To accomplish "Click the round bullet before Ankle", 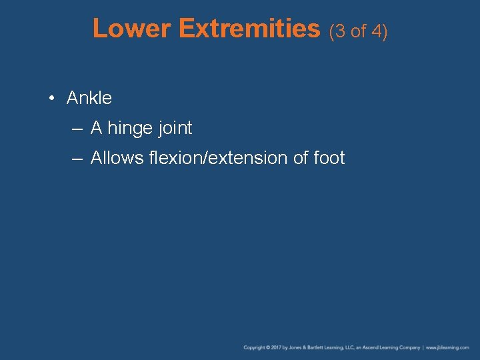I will (x=51, y=99).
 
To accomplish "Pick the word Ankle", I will (x=89, y=98).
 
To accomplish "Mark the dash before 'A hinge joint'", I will (x=77, y=128).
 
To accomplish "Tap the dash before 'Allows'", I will (x=77, y=158).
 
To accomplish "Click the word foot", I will (x=329, y=158).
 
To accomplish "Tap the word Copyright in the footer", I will (x=255, y=348).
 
